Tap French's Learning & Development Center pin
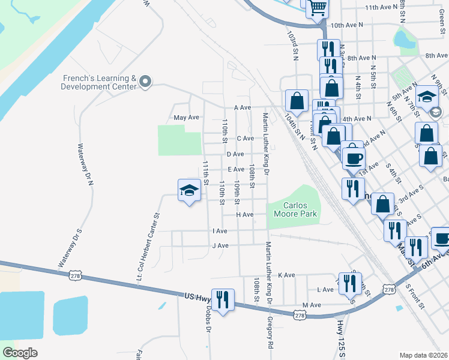(x=145, y=83)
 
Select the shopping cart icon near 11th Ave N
(x=317, y=8)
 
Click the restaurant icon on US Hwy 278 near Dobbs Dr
(x=223, y=299)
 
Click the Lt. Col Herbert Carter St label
(x=148, y=247)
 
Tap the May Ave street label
(x=185, y=118)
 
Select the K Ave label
(x=286, y=275)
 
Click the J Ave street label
(x=220, y=245)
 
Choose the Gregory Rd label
(x=270, y=334)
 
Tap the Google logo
(x=20, y=353)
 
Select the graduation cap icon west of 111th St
(x=189, y=191)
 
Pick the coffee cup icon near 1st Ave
(x=353, y=158)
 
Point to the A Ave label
(x=242, y=107)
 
